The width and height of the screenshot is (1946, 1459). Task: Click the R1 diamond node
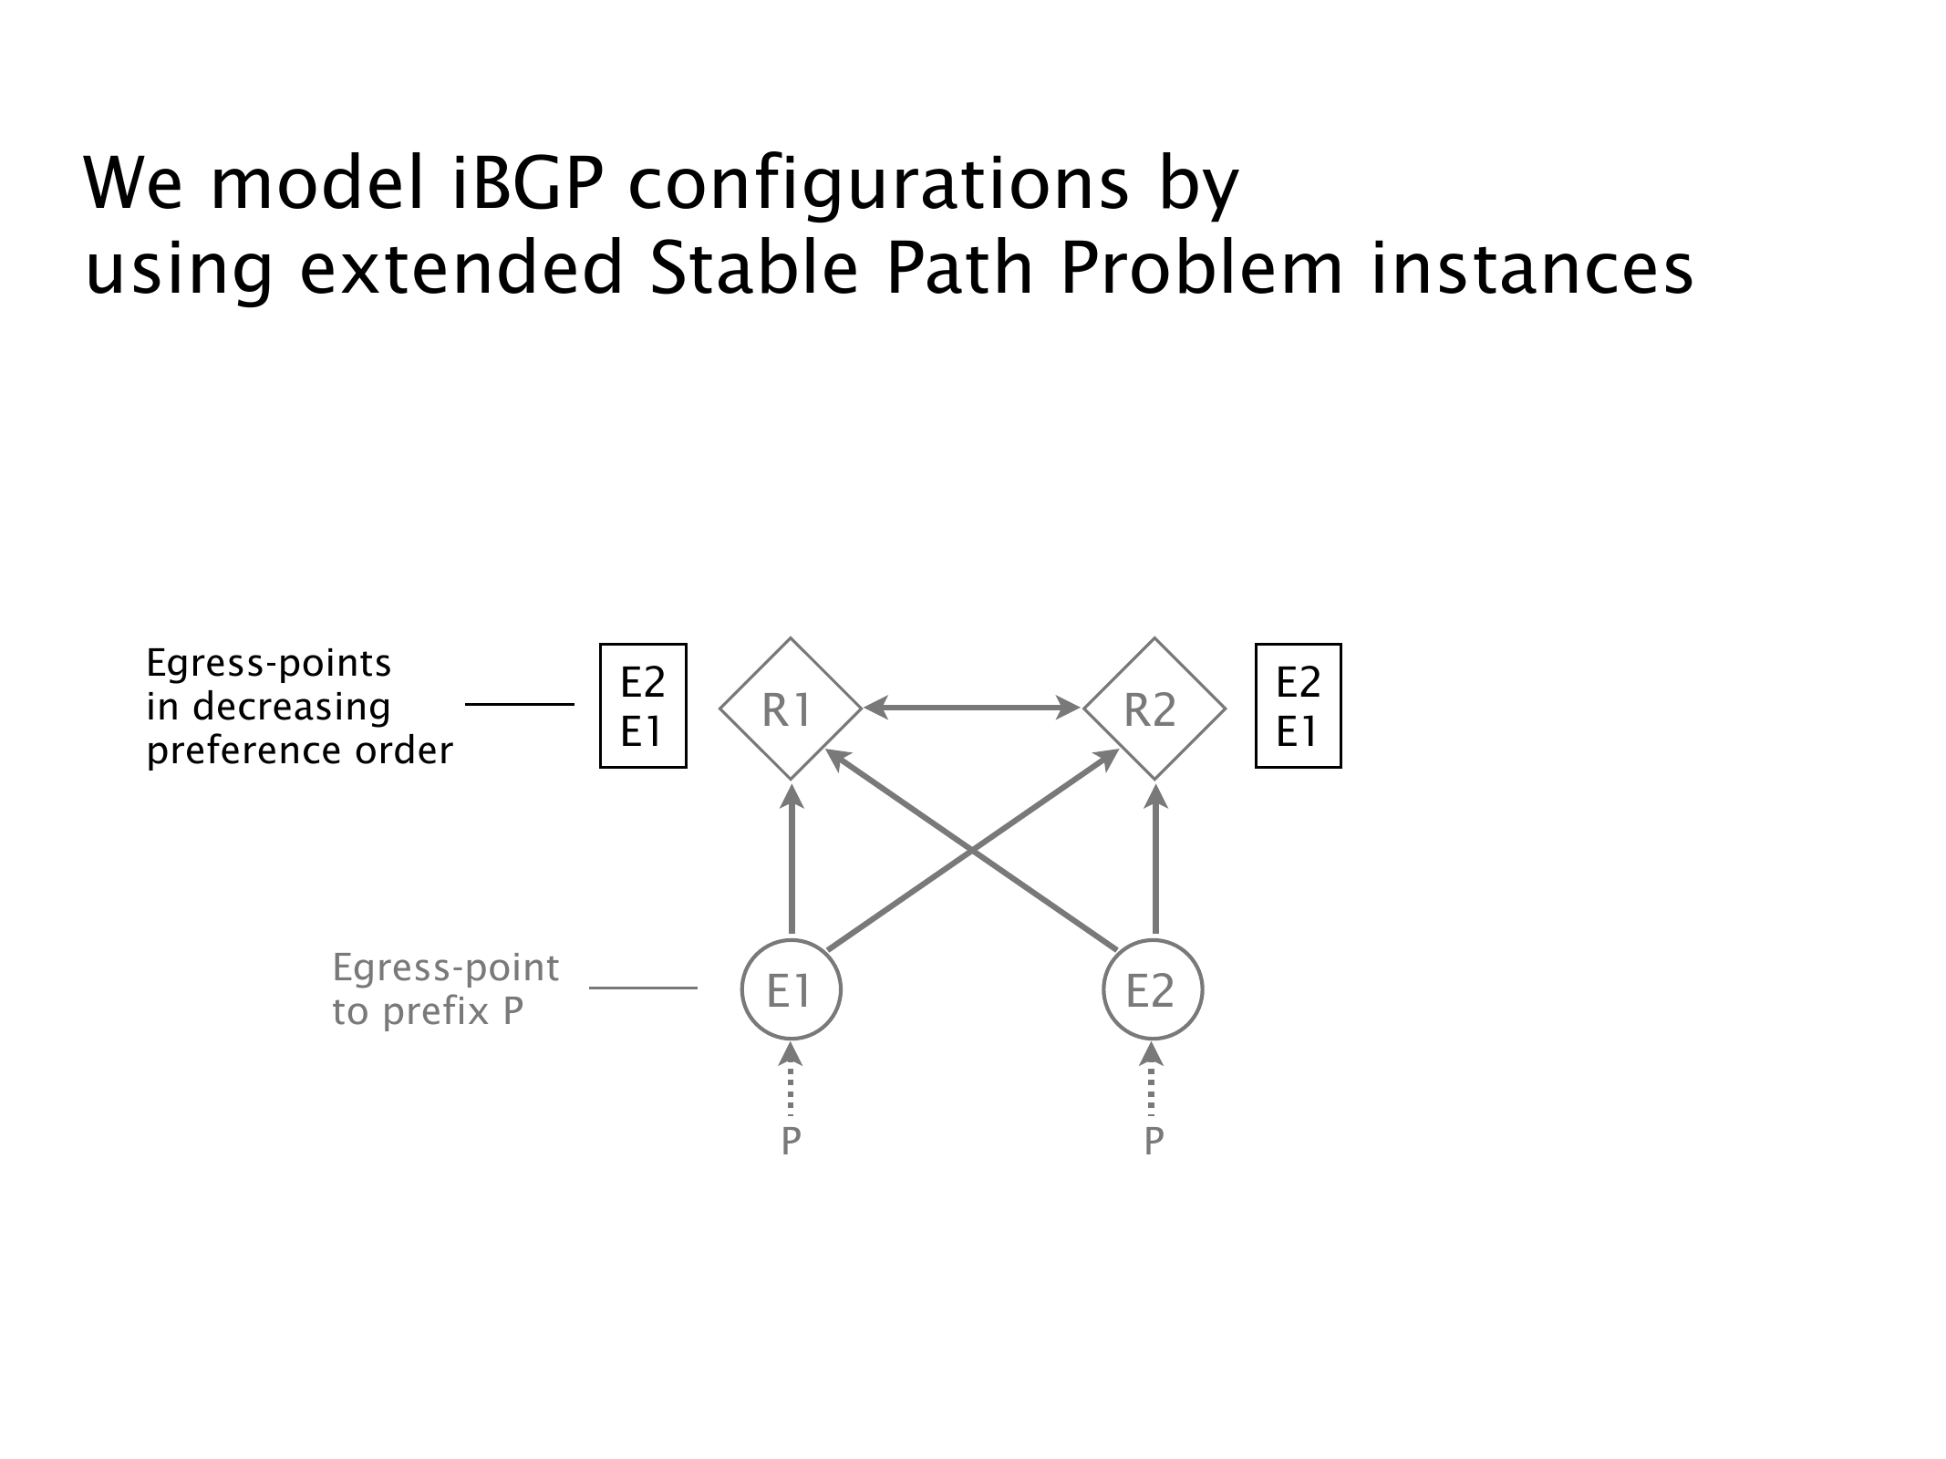tap(790, 709)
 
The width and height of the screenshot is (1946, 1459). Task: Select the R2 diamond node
tap(1154, 709)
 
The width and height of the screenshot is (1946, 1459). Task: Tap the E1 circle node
tap(791, 989)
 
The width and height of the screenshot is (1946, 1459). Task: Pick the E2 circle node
tap(1153, 989)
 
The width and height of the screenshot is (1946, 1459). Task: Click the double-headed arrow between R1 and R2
tap(972, 706)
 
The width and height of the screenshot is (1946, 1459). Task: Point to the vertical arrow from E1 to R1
tap(792, 862)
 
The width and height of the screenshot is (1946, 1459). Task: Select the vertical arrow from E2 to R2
tap(1155, 862)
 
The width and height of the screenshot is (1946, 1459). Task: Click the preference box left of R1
tap(642, 706)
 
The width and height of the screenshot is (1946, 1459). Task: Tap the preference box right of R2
tap(1298, 706)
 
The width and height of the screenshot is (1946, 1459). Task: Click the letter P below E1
tap(791, 1141)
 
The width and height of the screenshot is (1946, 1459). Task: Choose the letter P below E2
tap(1154, 1141)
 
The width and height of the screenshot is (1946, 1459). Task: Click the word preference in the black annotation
tap(232, 751)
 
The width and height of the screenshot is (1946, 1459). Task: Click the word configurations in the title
tap(880, 185)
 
